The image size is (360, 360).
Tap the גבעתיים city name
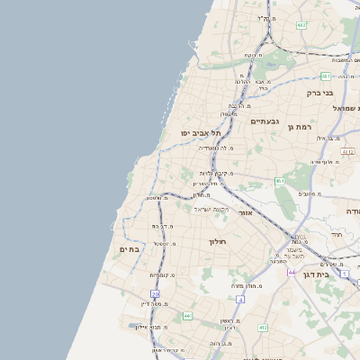click(265, 121)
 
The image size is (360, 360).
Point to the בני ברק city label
click(319, 92)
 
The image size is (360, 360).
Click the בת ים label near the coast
click(130, 249)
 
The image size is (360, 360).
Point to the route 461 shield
click(280, 181)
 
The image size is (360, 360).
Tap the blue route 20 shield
click(156, 293)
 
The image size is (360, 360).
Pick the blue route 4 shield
click(240, 299)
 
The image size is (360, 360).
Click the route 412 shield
click(263, 328)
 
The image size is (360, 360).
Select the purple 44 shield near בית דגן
click(292, 271)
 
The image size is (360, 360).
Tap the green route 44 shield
click(187, 316)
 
